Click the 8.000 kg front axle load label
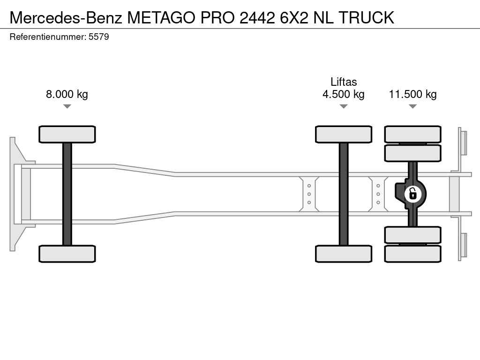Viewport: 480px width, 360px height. (67, 94)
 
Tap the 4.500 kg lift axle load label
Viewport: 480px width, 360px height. (343, 94)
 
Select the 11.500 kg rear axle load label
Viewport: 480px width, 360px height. (412, 94)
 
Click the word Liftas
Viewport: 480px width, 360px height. (344, 82)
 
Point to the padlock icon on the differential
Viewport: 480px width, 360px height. (412, 194)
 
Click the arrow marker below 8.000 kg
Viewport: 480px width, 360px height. (67, 106)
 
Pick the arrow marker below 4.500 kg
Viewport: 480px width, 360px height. (344, 106)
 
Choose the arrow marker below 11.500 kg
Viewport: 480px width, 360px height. (412, 106)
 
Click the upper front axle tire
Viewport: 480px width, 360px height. (67, 134)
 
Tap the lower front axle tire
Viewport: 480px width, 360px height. (67, 254)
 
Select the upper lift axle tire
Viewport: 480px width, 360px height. (344, 134)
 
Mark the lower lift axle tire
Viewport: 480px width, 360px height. (344, 254)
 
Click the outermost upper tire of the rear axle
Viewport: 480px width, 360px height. (412, 134)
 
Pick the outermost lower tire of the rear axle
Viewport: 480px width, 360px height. (412, 254)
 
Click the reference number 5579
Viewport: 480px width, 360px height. (99, 37)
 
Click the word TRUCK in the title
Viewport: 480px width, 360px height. (366, 17)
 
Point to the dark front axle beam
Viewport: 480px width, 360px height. (67, 194)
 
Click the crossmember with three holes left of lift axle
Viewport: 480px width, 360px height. (309, 194)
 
